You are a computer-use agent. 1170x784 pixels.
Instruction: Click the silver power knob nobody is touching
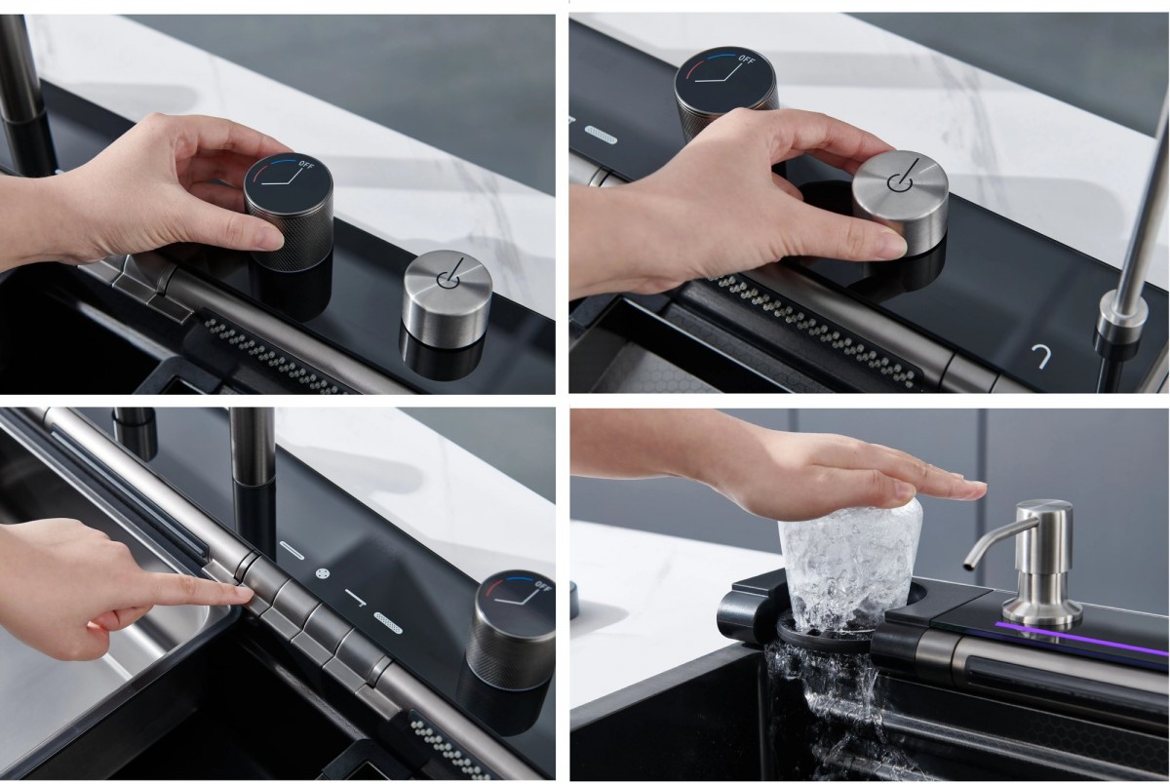(x=448, y=297)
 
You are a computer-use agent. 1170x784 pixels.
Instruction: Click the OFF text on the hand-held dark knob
(x=306, y=165)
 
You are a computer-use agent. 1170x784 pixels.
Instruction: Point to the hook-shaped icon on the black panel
(x=1040, y=355)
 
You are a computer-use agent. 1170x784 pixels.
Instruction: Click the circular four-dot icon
(x=324, y=573)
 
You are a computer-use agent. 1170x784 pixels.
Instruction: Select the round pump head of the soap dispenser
(x=1043, y=522)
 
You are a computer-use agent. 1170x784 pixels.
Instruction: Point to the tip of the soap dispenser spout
(x=969, y=563)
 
